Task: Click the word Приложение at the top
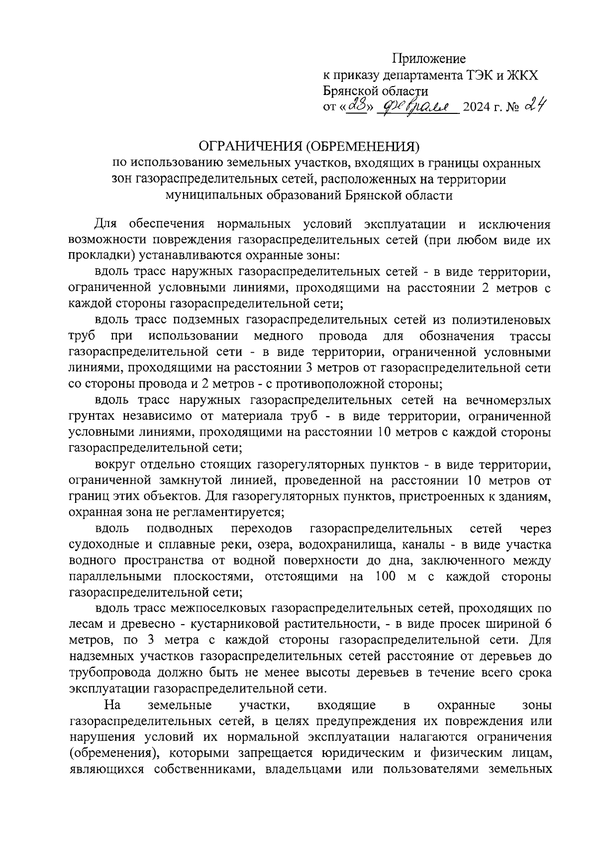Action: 429,59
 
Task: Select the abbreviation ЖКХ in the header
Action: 522,75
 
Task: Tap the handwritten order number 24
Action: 536,105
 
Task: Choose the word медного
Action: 279,336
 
